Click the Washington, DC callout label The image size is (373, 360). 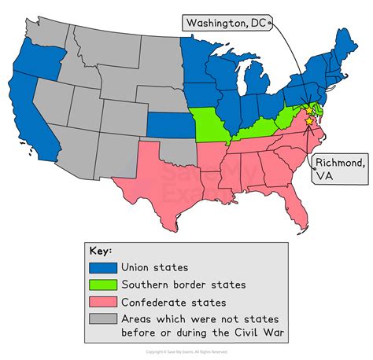pos(227,24)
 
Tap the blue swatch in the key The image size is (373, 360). pos(104,267)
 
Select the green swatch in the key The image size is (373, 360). pos(104,284)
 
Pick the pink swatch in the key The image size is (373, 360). pos(104,301)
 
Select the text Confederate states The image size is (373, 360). pos(173,301)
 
